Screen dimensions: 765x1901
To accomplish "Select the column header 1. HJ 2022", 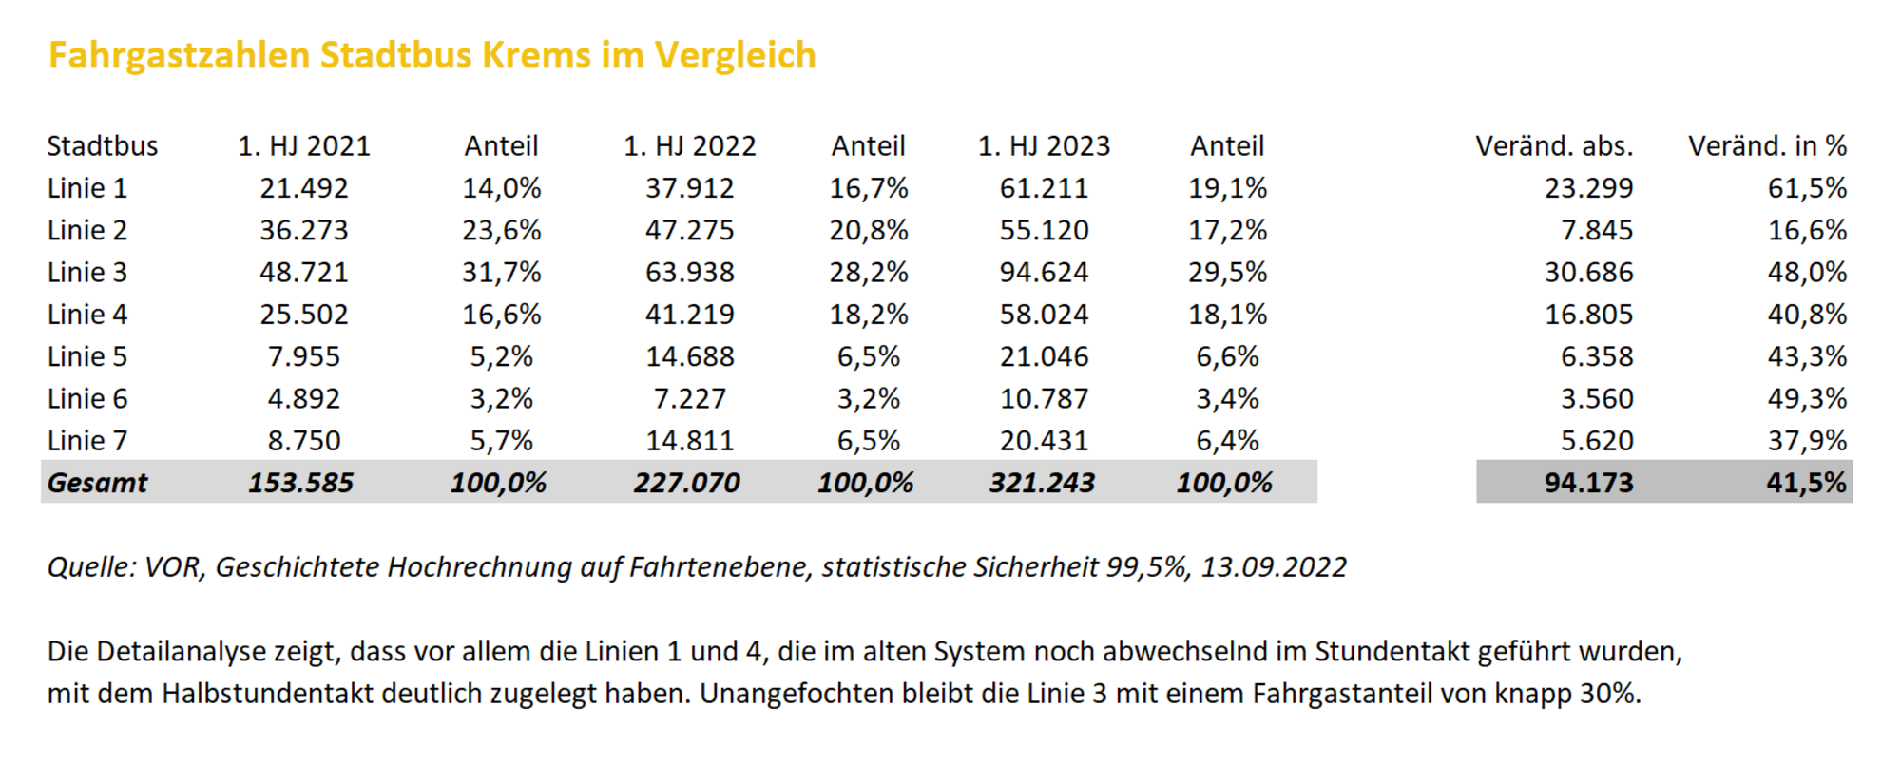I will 689,146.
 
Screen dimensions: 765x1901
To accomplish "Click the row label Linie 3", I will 87,273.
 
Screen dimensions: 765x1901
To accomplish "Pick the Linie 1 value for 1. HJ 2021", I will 304,188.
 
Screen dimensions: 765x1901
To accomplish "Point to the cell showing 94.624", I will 1044,273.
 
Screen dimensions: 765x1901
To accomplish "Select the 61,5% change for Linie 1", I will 1806,188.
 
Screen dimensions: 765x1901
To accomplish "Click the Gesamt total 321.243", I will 1042,483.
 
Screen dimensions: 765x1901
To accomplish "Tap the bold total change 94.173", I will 1588,483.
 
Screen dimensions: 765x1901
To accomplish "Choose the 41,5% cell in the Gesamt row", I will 1806,483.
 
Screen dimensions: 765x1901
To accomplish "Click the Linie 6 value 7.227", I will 689,399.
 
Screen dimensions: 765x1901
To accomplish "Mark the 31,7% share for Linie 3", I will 501,273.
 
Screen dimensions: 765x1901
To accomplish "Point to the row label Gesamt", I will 97,483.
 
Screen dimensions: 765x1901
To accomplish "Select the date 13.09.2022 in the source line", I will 1273,567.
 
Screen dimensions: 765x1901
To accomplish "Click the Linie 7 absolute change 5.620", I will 1596,441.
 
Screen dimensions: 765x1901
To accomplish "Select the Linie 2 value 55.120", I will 1044,231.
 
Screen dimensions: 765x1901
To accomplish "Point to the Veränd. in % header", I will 1766,146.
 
